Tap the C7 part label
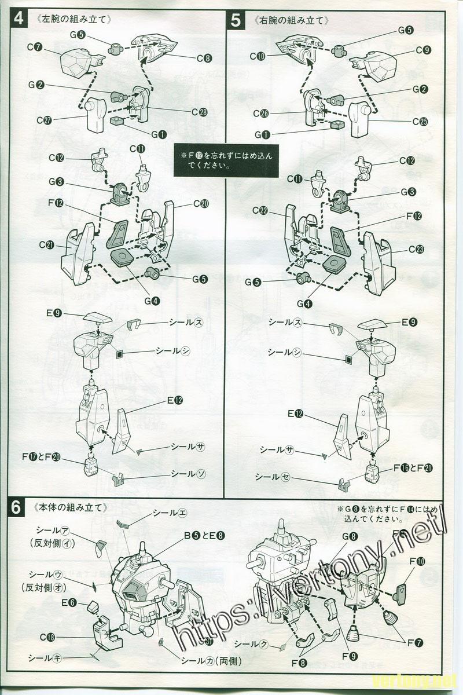click(35, 46)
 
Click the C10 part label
click(258, 56)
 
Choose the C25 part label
click(421, 121)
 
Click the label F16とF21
click(414, 468)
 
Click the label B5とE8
click(201, 535)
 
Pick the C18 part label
click(47, 637)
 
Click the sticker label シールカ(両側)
click(211, 661)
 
